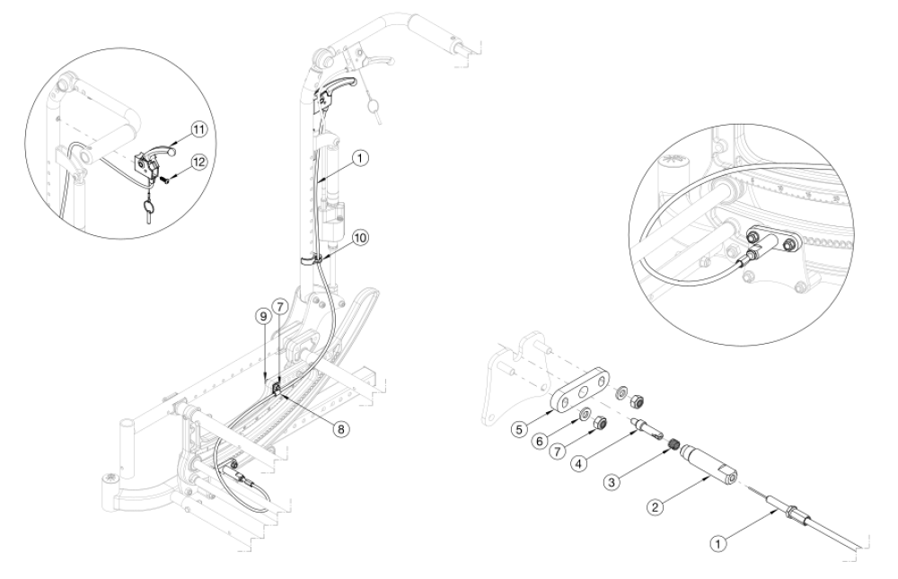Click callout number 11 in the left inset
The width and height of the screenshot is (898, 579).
click(198, 128)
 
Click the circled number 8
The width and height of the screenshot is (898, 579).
click(339, 429)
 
